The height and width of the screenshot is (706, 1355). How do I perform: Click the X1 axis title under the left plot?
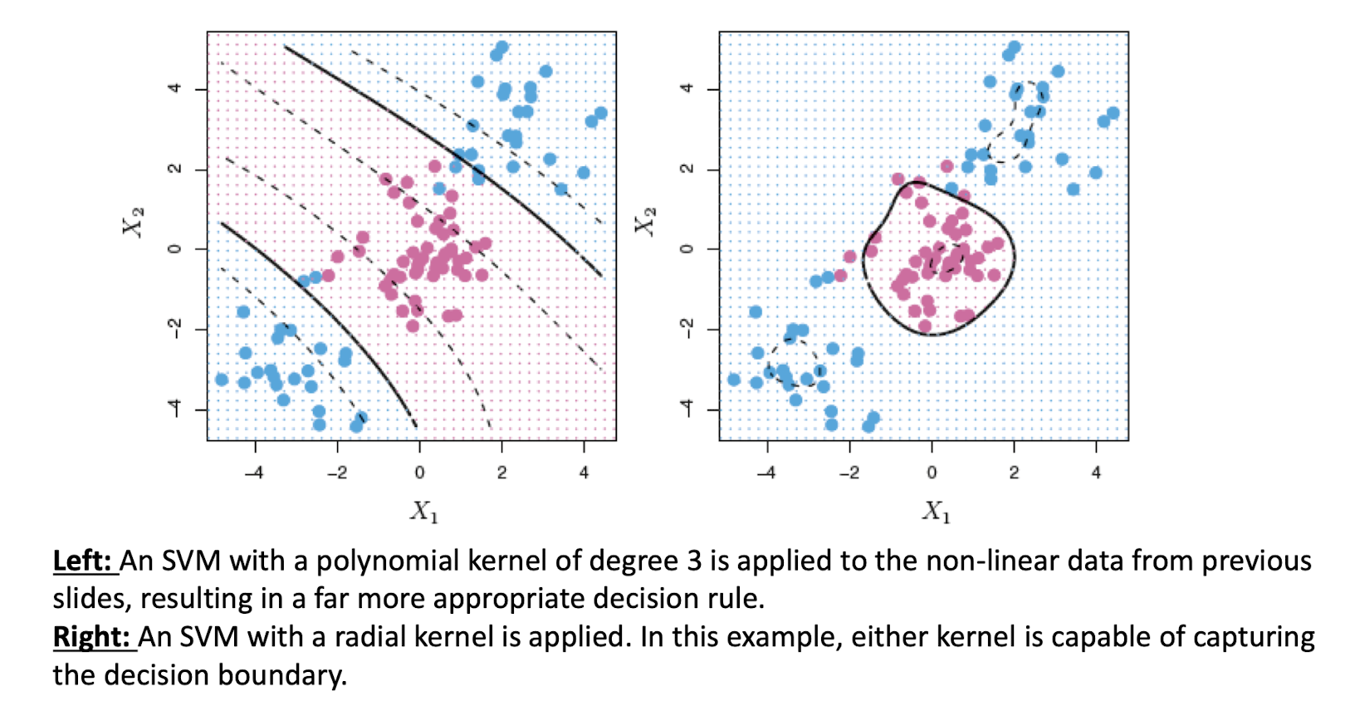423,510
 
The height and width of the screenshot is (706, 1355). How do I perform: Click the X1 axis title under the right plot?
936,510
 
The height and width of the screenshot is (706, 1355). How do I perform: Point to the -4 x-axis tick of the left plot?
254,473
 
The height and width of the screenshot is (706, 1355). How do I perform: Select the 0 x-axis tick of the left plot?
419,473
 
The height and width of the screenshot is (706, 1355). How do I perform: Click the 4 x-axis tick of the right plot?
1096,473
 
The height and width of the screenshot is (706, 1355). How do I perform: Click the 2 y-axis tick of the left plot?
175,169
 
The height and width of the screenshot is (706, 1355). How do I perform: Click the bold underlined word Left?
83,561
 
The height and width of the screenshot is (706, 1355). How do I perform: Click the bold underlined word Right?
92,637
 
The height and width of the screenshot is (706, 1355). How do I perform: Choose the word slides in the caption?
91,599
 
